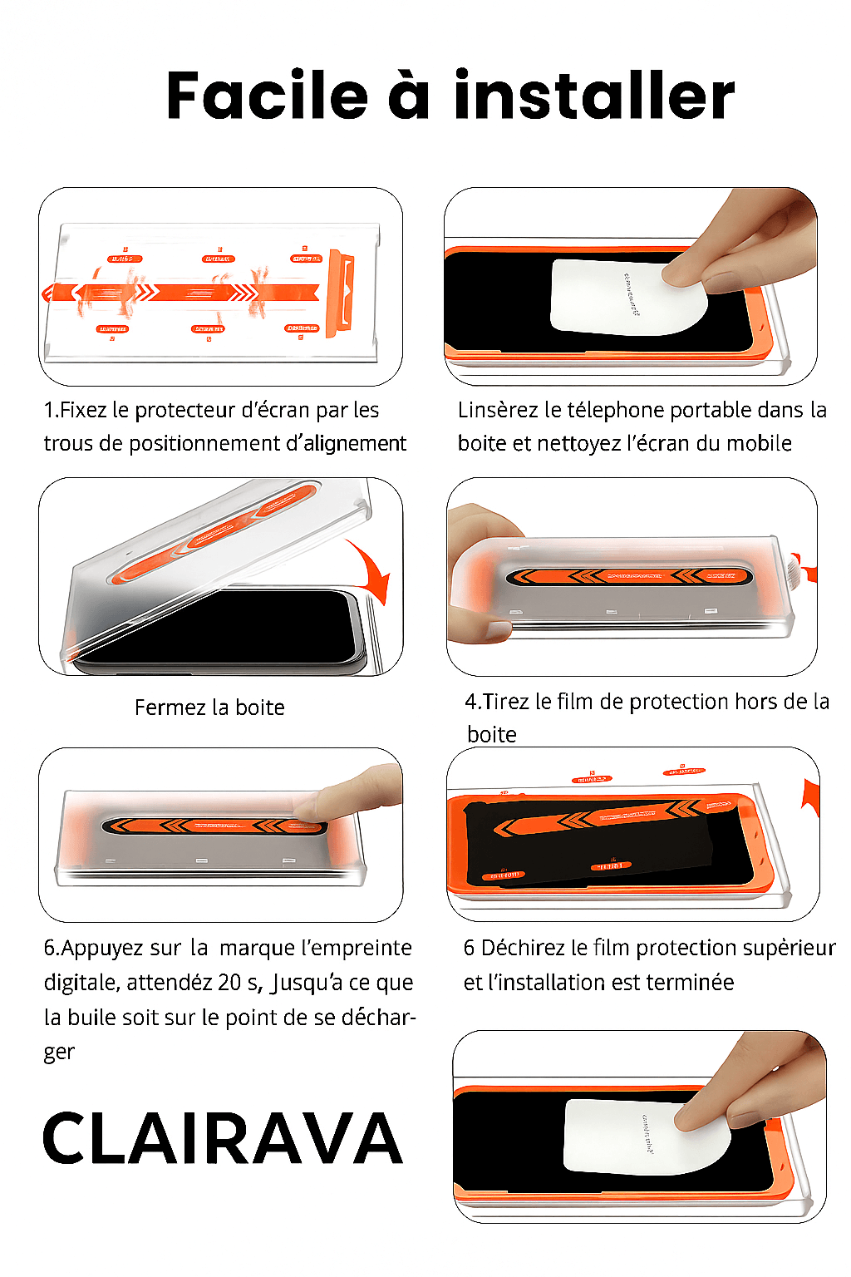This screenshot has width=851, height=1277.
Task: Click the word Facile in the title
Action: pos(267,96)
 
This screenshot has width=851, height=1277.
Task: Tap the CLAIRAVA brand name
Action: pos(222,1139)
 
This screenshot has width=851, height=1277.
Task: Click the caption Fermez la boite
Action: pos(209,708)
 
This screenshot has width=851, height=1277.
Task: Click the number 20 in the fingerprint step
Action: pos(229,983)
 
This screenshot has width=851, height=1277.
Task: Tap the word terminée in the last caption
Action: pos(689,983)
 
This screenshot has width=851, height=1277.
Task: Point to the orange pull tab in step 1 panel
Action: pos(340,293)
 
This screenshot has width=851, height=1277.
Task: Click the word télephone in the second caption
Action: pos(615,410)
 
